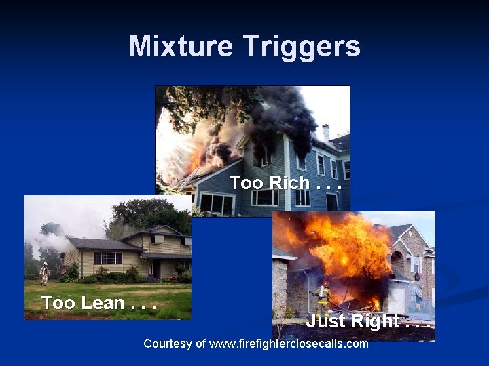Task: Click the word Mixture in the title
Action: pyautogui.click(x=179, y=46)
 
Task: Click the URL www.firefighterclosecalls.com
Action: pyautogui.click(x=289, y=344)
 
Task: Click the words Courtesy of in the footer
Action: pyautogui.click(x=174, y=344)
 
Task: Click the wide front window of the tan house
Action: pyautogui.click(x=107, y=258)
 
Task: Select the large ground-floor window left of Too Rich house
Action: pyautogui.click(x=216, y=203)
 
